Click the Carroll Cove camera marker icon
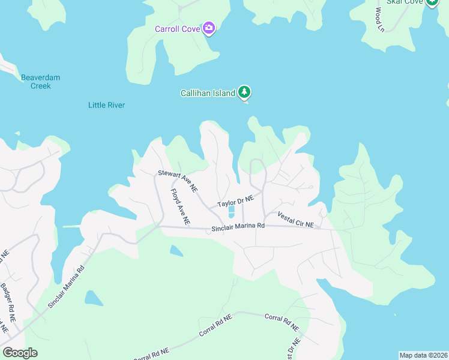tap(209, 28)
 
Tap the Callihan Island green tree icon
tap(244, 92)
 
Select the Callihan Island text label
tap(208, 94)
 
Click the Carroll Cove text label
tap(177, 29)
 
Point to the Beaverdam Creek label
tap(41, 82)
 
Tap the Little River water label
tap(106, 105)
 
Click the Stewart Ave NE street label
tap(178, 181)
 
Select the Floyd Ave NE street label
tap(180, 207)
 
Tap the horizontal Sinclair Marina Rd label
tap(238, 227)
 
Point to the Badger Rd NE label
tap(8, 303)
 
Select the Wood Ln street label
tap(379, 19)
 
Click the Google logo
tap(20, 353)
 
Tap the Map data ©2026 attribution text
tap(423, 355)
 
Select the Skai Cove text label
tap(405, 2)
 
